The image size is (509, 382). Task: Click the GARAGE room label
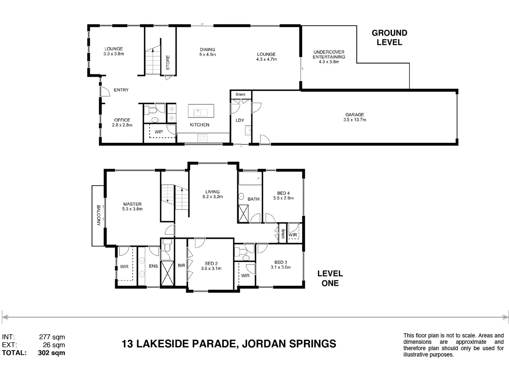(x=355, y=117)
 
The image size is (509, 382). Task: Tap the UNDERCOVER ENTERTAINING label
(x=329, y=57)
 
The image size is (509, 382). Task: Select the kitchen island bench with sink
(x=201, y=111)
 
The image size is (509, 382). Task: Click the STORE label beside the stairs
(x=168, y=62)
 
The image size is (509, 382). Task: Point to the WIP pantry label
(x=159, y=132)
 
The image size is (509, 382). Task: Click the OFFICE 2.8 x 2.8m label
(x=122, y=122)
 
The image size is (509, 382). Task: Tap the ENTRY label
(x=121, y=90)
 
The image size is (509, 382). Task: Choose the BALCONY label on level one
(x=98, y=215)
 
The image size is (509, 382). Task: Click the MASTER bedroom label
(x=132, y=206)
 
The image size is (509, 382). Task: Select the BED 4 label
(x=283, y=196)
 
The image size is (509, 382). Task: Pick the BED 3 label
(x=281, y=265)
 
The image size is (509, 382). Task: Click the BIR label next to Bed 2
(x=181, y=265)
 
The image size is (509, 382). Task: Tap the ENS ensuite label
(x=153, y=266)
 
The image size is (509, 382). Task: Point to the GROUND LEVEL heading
(x=389, y=37)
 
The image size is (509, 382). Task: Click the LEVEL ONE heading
(x=330, y=278)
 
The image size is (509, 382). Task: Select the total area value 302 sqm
(x=51, y=353)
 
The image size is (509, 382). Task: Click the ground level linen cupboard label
(x=240, y=94)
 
